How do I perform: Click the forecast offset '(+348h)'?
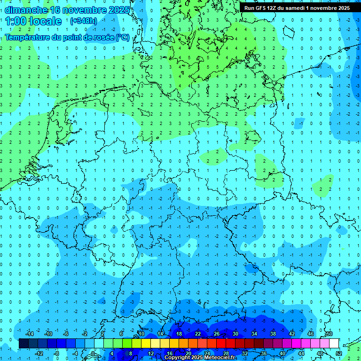tap(83, 21)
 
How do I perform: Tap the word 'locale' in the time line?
tap(45, 21)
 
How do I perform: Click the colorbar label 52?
tap(339, 353)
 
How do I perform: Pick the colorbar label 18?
tap(179, 334)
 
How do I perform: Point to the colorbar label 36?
tap(264, 353)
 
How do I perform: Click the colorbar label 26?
tap(217, 334)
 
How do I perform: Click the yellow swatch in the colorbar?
tap(146, 344)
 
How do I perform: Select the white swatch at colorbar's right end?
tap(334, 344)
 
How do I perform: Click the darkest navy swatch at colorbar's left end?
tap(24, 344)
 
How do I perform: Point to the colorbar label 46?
tap(311, 334)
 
